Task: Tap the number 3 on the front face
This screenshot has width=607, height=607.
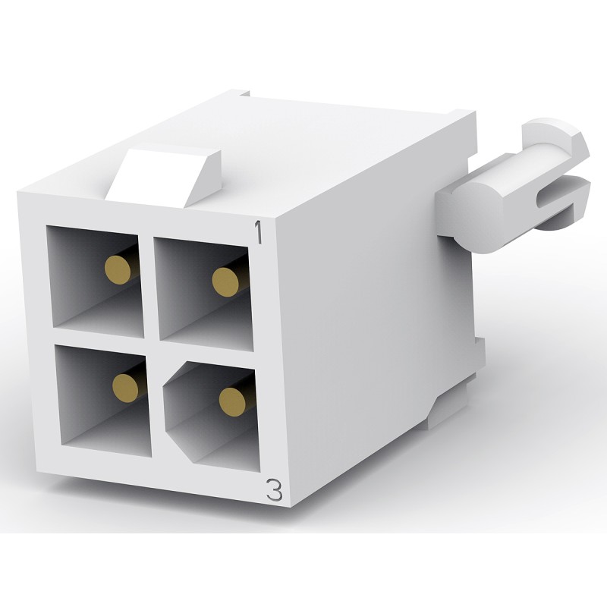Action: click(275, 491)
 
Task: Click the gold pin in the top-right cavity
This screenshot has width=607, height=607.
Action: click(225, 282)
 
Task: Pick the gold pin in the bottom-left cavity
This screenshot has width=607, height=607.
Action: click(123, 387)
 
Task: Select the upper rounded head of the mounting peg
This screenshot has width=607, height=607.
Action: click(558, 136)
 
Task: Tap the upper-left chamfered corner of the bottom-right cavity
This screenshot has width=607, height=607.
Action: click(171, 368)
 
